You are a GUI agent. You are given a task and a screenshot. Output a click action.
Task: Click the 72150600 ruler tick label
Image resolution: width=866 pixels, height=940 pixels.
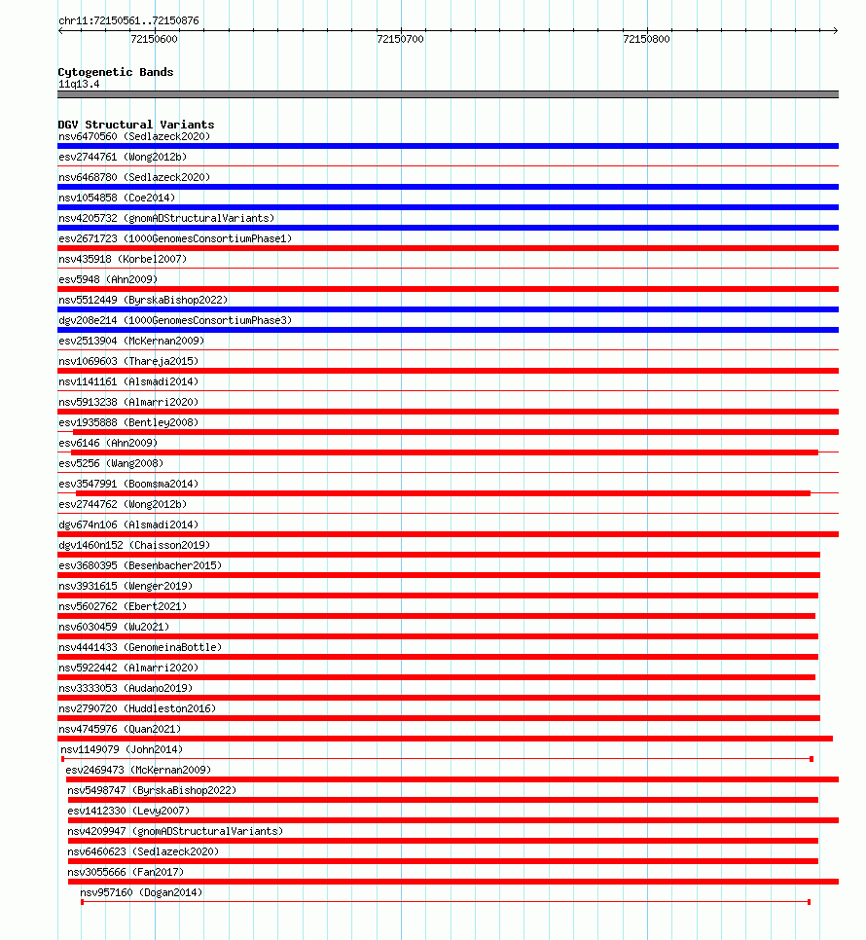tap(154, 39)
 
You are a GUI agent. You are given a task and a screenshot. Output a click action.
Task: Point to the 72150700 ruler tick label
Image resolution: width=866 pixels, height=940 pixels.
tap(400, 39)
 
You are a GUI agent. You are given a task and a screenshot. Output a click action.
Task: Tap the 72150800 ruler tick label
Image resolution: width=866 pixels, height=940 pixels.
tap(646, 39)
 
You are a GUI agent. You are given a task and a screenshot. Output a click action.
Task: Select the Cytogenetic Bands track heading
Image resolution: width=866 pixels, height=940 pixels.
tap(116, 72)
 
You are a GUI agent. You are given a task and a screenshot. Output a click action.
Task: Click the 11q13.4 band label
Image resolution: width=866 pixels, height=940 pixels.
tap(79, 84)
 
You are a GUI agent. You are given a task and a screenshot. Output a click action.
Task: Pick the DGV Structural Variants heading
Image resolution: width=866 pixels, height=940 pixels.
tap(136, 125)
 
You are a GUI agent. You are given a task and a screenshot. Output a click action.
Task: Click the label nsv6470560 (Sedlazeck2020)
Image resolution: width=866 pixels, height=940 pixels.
tap(133, 136)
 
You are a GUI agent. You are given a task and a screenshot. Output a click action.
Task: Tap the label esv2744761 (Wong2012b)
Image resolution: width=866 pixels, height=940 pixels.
tap(122, 157)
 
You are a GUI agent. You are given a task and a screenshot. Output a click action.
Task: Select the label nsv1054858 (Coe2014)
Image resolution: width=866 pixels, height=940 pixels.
tap(117, 198)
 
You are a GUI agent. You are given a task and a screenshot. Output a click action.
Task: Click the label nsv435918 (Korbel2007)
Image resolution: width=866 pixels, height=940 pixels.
tap(122, 259)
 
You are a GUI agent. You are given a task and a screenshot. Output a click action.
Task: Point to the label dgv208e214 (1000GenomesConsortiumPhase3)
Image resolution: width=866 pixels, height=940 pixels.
tap(174, 320)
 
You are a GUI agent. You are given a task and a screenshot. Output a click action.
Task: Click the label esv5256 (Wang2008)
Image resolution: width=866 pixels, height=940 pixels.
tap(111, 463)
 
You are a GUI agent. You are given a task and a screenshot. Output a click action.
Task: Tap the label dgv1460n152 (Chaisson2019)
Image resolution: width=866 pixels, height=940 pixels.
tap(133, 545)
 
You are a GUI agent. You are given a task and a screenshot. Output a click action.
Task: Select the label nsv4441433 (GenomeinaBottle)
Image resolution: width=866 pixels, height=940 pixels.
tap(139, 647)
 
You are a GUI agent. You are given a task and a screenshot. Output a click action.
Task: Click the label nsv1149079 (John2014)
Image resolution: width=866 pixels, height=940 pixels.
tap(122, 749)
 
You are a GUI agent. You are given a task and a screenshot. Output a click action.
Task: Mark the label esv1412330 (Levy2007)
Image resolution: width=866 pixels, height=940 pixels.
tap(128, 811)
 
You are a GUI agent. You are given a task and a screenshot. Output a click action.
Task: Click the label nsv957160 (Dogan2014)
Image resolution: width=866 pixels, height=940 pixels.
tap(142, 892)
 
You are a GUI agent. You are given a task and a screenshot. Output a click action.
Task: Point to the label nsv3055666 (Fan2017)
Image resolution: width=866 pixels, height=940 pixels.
tap(126, 872)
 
